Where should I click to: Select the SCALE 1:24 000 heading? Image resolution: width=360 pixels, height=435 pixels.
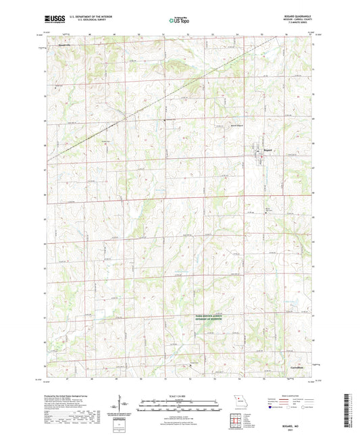(x=180, y=398)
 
